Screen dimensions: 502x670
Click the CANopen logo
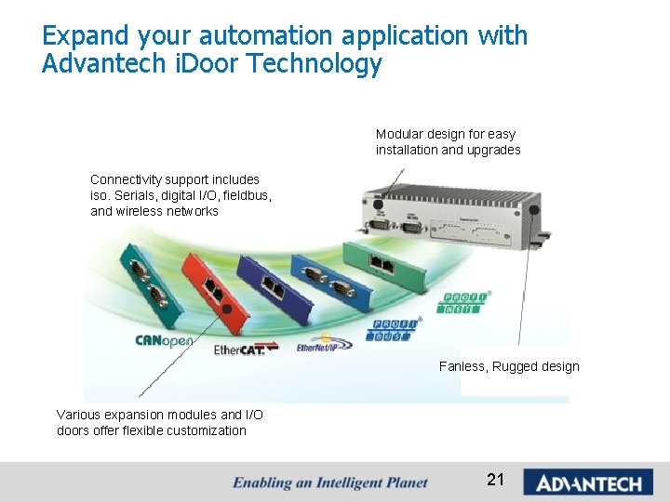[164, 340]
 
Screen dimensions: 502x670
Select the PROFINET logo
[465, 303]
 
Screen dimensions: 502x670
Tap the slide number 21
[495, 480]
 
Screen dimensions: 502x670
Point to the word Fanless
[462, 366]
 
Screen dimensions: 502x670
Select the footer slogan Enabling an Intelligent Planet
[330, 482]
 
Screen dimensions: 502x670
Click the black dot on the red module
[225, 309]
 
